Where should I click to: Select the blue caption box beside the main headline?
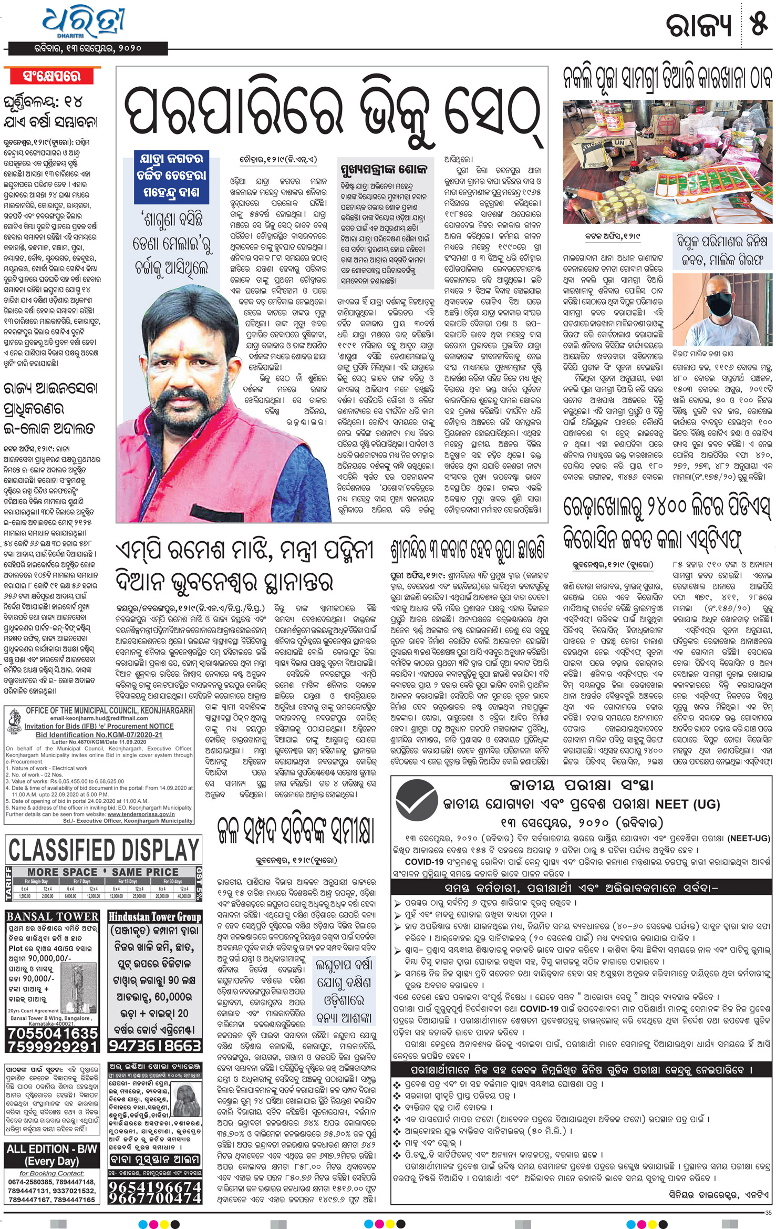coord(171,175)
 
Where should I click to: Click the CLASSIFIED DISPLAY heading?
coord(104,850)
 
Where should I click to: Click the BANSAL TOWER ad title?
coord(53,916)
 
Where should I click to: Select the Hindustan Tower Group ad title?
coord(154,917)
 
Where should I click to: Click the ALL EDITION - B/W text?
coord(51,1149)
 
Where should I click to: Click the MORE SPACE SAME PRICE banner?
coord(104,872)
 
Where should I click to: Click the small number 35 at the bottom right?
coord(769,1213)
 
